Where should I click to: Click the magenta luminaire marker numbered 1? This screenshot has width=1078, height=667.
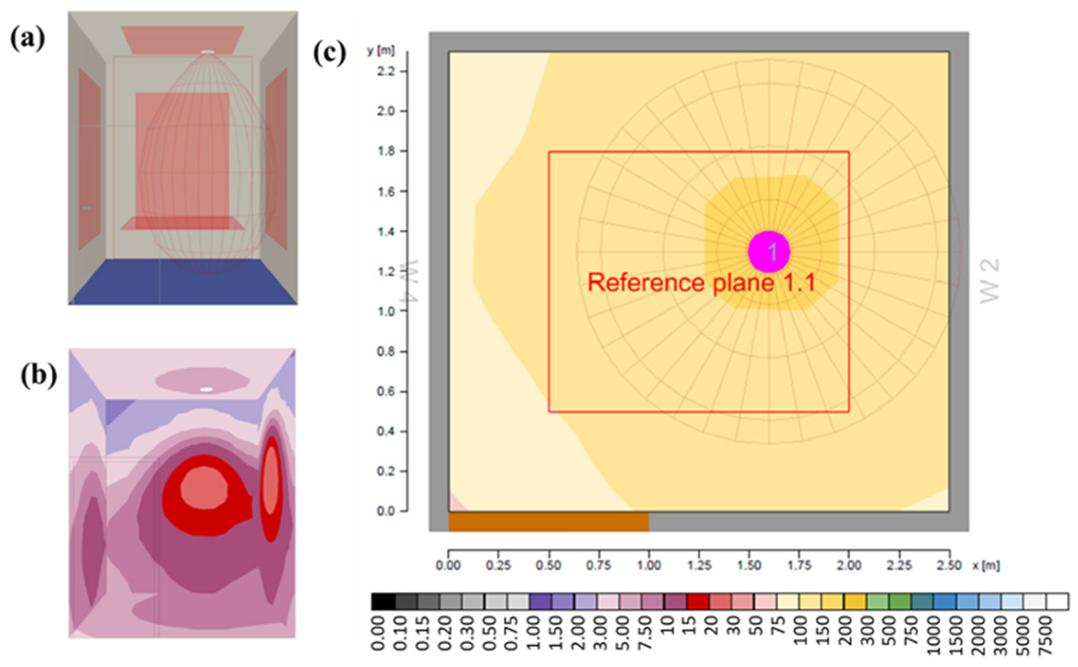[768, 252]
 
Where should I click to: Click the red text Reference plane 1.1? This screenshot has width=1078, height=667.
[701, 283]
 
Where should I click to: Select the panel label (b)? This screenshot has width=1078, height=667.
[38, 376]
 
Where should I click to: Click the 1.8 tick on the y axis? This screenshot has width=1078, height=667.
[387, 152]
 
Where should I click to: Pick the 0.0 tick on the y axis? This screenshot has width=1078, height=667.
[387, 511]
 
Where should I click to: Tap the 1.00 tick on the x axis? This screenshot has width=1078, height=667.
[649, 565]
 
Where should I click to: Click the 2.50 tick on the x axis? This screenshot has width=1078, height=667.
[949, 565]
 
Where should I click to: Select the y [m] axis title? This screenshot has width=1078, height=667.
[380, 51]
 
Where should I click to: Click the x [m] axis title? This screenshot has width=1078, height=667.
[986, 565]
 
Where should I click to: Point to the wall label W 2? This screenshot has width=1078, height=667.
[989, 281]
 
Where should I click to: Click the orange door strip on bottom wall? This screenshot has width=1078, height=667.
[548, 522]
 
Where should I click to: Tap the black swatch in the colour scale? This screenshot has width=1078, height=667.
[383, 602]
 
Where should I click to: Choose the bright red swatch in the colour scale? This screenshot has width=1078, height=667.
[698, 602]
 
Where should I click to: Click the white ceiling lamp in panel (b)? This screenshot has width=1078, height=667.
[206, 389]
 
